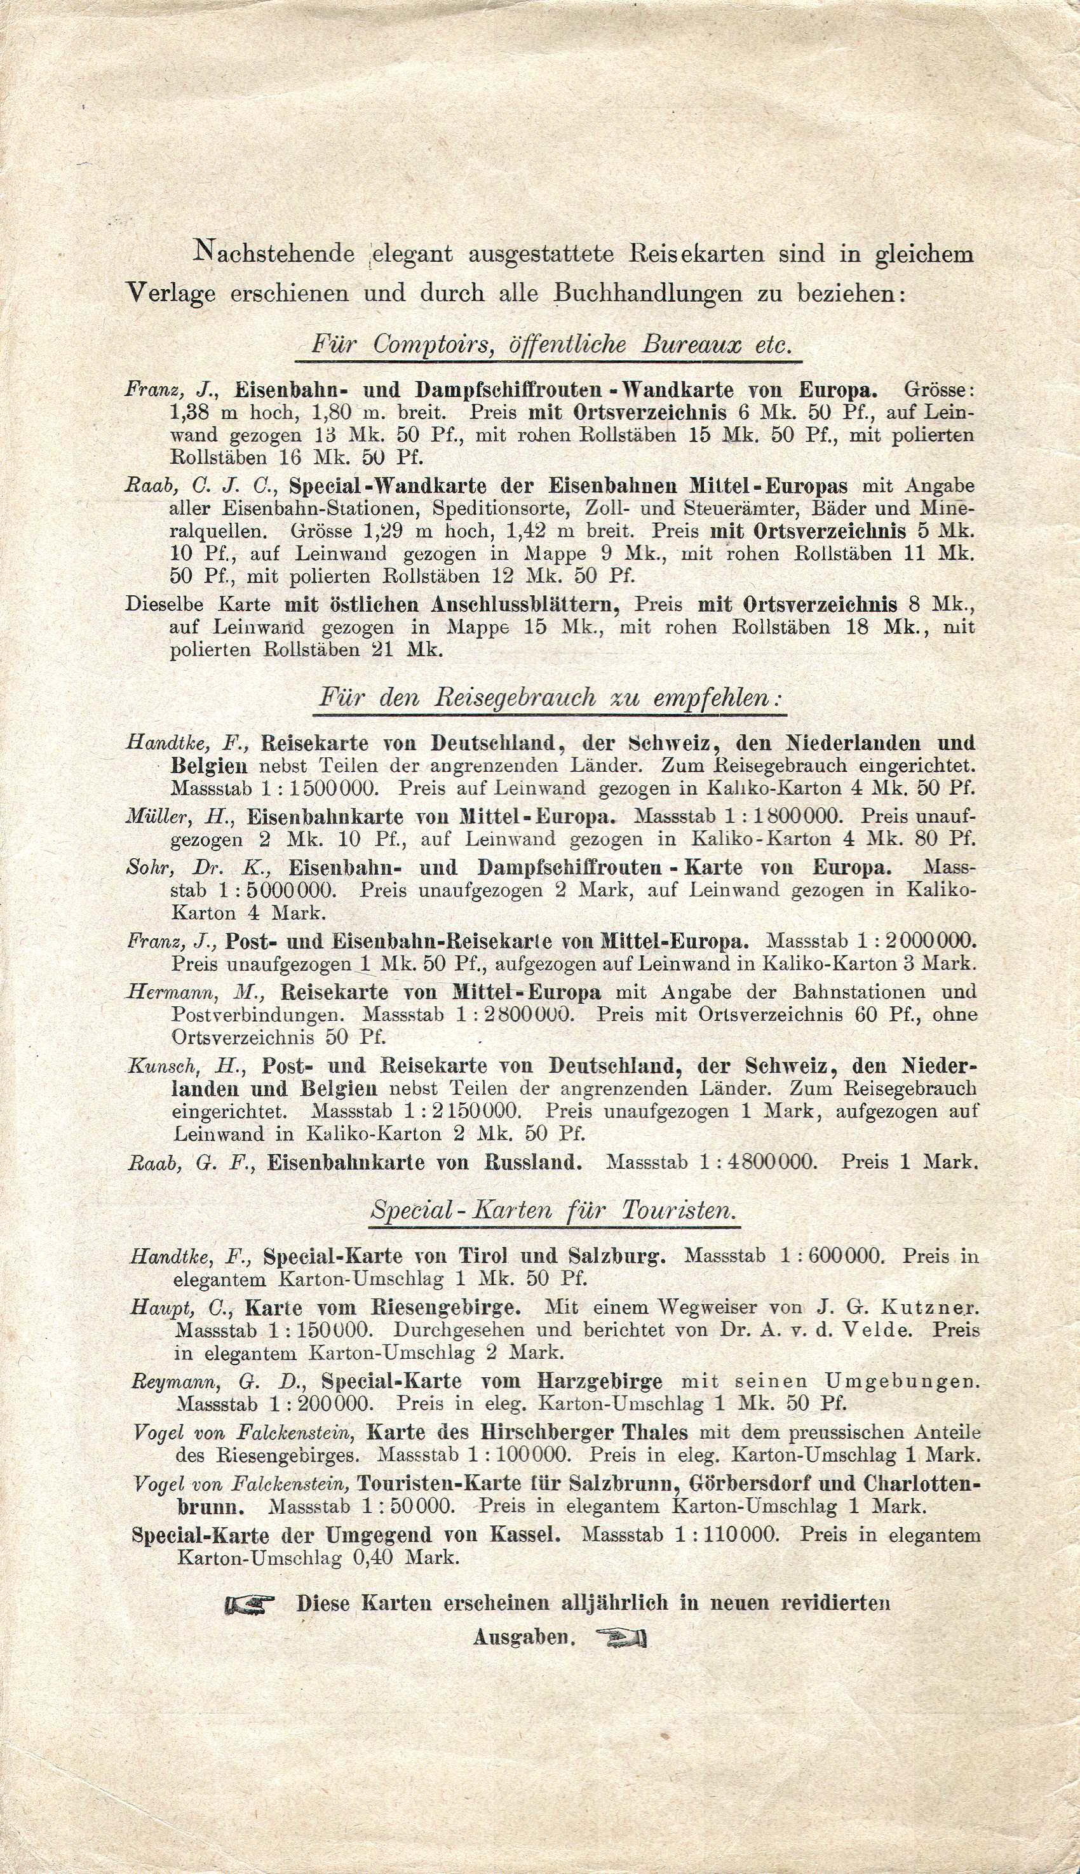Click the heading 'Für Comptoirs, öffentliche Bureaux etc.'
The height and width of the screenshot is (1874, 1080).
tap(548, 345)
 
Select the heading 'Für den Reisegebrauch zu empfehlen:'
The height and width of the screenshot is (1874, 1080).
tap(550, 699)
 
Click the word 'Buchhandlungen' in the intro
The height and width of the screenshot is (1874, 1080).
tap(650, 293)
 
